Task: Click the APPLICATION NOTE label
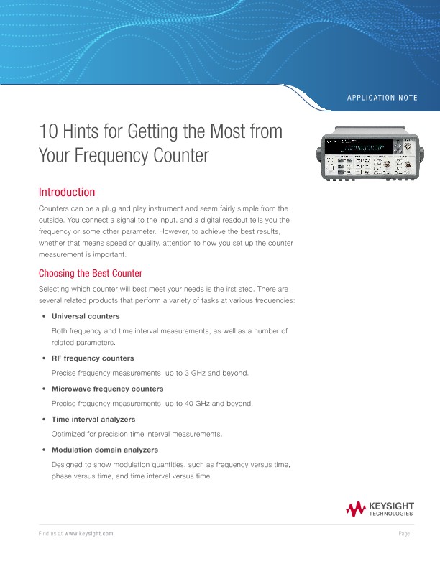pyautogui.click(x=382, y=97)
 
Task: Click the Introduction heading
pyautogui.click(x=66, y=193)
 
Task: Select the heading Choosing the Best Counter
pyautogui.click(x=90, y=273)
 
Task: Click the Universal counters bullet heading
pyautogui.click(x=86, y=316)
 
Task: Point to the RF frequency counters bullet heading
pyautogui.click(x=93, y=358)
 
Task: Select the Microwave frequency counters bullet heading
pyautogui.click(x=107, y=389)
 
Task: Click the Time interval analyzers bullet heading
pyautogui.click(x=93, y=419)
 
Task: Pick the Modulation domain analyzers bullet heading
pyautogui.click(x=105, y=450)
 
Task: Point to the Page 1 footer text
pyautogui.click(x=405, y=534)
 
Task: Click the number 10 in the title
pyautogui.click(x=47, y=132)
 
